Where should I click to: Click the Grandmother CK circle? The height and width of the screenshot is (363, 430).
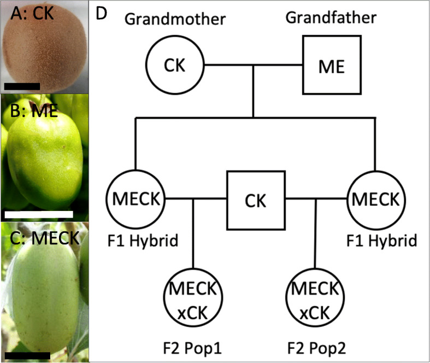coord(174,66)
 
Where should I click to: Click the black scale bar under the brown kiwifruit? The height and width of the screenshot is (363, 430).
coord(22,85)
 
